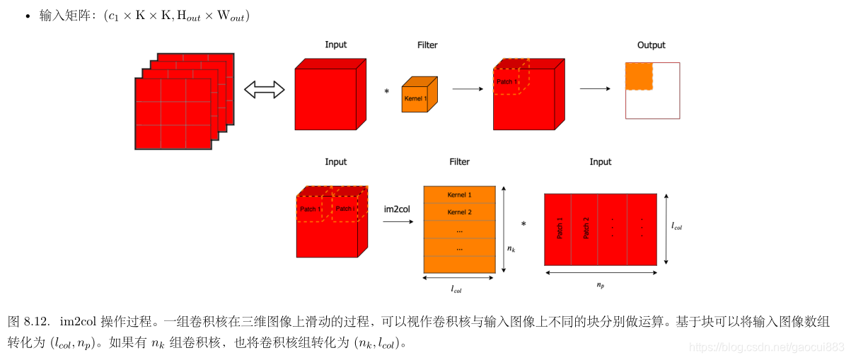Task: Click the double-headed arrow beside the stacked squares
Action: click(x=264, y=90)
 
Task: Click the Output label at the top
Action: click(x=651, y=45)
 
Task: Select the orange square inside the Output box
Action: click(x=639, y=76)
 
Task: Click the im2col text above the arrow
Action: click(x=397, y=209)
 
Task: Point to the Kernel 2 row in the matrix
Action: click(x=459, y=212)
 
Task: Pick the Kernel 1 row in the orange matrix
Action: click(x=459, y=194)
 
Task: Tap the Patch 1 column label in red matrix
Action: click(x=560, y=228)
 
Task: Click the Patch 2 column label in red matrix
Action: click(x=585, y=228)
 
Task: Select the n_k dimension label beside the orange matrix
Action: click(x=511, y=249)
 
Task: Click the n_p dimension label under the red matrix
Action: click(x=601, y=285)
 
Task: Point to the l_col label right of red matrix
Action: click(x=676, y=227)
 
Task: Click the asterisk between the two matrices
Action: click(x=523, y=225)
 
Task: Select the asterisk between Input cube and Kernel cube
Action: click(x=386, y=92)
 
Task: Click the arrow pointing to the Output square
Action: click(x=594, y=89)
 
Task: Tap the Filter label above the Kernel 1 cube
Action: click(x=427, y=45)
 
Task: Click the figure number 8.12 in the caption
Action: click(x=36, y=322)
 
